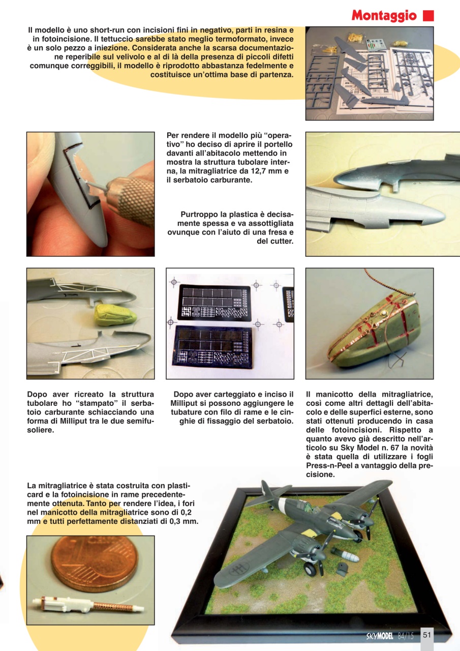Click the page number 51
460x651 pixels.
point(426,634)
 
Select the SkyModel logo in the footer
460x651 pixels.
point(380,635)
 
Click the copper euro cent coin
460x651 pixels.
point(94,564)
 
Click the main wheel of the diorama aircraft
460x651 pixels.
point(310,568)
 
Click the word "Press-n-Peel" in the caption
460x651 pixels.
point(329,465)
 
